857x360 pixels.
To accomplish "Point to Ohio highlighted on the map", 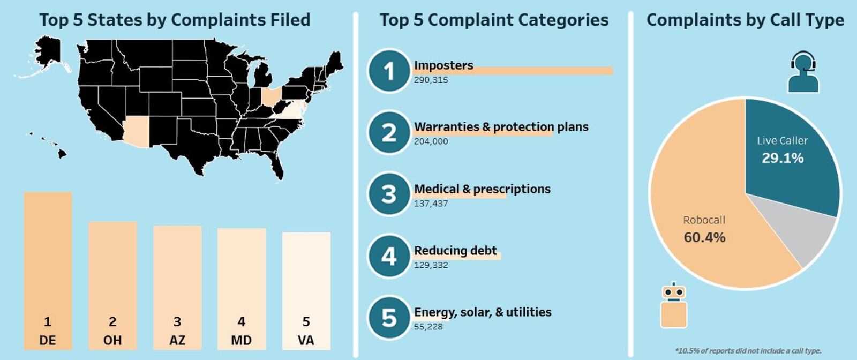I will coord(271,97).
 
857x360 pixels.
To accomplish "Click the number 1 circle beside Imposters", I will coord(389,71).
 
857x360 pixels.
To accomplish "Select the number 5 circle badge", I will coord(389,318).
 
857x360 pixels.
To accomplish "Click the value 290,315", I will coord(431,80).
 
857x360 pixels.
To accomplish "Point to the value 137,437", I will coord(431,204).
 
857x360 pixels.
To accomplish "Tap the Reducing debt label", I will coord(455,250).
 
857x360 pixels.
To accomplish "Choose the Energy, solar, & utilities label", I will coord(483,312).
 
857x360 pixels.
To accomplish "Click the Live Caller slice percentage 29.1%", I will coord(783,158).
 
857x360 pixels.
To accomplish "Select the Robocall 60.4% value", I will coord(704,237).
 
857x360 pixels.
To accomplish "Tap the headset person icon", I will coord(803,72).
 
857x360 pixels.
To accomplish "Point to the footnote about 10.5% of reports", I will coord(748,351).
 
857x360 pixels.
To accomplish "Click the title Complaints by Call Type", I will coord(745,20).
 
